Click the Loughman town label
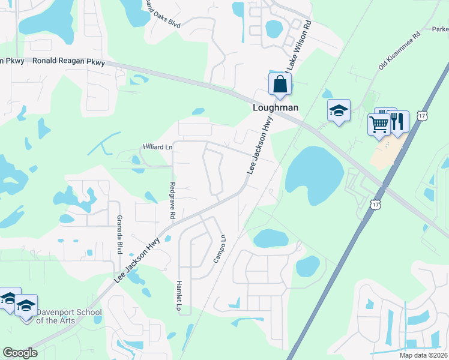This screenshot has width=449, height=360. [274, 109]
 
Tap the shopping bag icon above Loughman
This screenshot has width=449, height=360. [280, 84]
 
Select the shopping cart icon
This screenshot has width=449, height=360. [379, 125]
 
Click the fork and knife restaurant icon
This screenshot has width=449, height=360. [397, 121]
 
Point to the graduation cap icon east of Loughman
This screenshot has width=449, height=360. [339, 110]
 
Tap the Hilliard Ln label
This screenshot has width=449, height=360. [157, 147]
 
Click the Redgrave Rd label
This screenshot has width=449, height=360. [173, 200]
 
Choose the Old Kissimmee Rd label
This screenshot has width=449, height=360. [393, 56]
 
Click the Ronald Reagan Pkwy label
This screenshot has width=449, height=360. [69, 61]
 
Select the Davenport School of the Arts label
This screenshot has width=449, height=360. [69, 316]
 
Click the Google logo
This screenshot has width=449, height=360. [20, 353]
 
